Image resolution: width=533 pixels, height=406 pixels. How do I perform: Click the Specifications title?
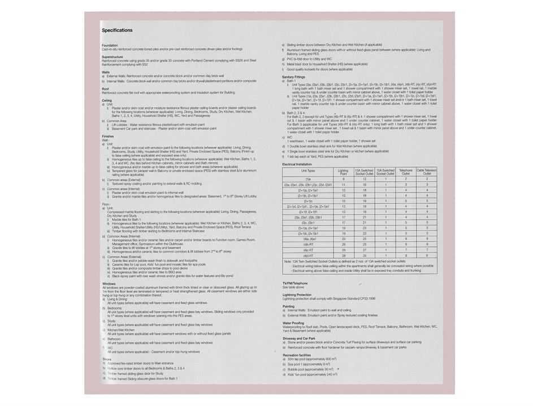coord(117,30)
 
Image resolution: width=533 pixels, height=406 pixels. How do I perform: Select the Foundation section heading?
coord(110,45)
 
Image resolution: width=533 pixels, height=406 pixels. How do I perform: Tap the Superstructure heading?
coord(112,57)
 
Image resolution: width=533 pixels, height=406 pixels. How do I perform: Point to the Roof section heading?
coord(105,88)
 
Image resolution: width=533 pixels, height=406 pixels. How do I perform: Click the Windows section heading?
coord(109,284)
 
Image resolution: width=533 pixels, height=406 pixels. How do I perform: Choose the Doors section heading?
coord(107,359)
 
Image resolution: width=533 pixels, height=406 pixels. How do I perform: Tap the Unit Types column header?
coord(308,170)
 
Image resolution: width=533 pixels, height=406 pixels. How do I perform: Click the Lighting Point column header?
coord(343,172)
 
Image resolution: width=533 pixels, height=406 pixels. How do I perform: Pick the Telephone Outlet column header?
coord(406,172)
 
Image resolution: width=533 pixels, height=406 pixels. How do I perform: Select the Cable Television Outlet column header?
coord(427,172)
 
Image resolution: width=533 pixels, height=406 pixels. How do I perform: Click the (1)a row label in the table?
coord(308,179)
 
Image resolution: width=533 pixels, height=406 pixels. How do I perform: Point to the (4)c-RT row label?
coord(308,250)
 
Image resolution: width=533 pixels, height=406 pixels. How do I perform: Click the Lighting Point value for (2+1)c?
coord(343,200)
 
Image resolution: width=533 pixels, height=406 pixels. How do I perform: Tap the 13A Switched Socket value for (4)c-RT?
coord(363,250)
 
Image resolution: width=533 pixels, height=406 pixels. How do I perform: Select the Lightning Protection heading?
coord(297,295)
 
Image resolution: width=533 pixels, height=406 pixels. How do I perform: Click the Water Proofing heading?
coord(293,323)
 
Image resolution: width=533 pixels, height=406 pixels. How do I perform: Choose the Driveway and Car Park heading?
coord(299,338)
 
